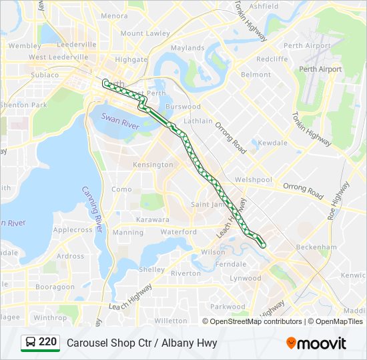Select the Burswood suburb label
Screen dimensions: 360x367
pos(183,107)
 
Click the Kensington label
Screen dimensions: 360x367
pos(153,165)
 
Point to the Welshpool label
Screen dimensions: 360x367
pos(254,180)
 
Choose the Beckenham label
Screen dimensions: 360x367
pos(318,247)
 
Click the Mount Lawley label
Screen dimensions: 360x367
pos(145,33)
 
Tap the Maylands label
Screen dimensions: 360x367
pos(188,48)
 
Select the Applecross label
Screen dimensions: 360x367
pos(73,230)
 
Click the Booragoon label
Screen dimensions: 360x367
pos(55,287)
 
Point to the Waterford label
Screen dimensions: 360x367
pos(179,232)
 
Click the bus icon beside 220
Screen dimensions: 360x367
pos(30,343)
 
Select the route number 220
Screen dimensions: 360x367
pos(47,342)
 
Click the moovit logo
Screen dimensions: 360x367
pos(316,343)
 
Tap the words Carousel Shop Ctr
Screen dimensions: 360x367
pos(106,343)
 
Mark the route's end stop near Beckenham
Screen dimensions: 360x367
pos(263,245)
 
